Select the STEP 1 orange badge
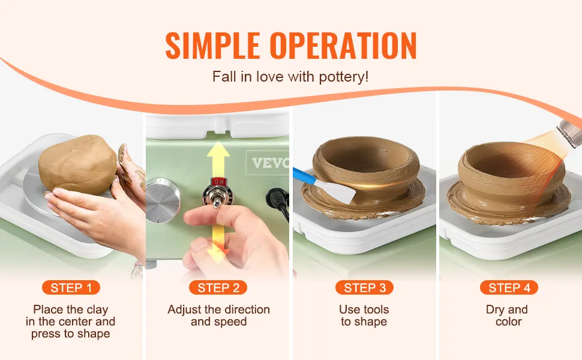click(71, 287)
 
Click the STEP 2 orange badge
click(218, 287)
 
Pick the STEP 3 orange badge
click(364, 287)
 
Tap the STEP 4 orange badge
click(509, 287)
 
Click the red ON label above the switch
click(218, 181)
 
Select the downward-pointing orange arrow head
click(218, 256)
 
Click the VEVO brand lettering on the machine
click(270, 163)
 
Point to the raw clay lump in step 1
click(77, 165)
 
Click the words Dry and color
click(507, 316)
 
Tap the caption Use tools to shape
click(364, 316)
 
